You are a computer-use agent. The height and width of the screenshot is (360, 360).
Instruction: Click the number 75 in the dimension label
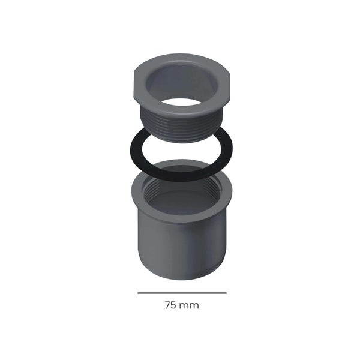tap(170, 305)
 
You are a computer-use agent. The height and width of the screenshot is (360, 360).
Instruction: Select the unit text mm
tap(189, 306)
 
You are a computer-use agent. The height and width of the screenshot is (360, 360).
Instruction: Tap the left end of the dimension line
tap(138, 293)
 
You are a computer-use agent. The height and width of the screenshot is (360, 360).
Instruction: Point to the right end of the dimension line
tap(226, 293)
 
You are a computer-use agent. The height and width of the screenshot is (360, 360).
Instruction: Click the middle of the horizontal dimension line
tap(182, 293)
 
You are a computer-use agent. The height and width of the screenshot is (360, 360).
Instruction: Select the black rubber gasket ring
tap(136, 152)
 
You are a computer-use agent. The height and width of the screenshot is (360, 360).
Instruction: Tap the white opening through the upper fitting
tap(181, 102)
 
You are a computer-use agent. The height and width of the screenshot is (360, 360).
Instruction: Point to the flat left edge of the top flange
tap(134, 85)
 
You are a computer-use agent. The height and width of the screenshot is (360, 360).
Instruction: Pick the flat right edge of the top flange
tap(229, 86)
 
